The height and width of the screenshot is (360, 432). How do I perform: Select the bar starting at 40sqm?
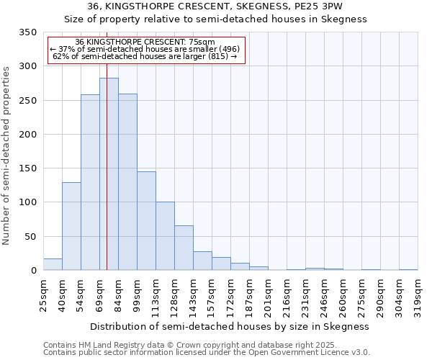click(71, 226)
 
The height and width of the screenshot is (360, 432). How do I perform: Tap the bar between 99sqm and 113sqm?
click(146, 221)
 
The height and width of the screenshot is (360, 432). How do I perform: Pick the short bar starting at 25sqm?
click(53, 264)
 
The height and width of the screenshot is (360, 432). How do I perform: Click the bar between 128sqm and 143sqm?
click(184, 248)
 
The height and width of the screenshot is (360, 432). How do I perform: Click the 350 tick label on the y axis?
click(27, 32)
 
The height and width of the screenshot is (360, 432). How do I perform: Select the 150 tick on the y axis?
click(27, 168)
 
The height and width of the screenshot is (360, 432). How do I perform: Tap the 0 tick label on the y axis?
click(33, 271)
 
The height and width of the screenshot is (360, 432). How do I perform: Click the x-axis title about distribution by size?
click(230, 326)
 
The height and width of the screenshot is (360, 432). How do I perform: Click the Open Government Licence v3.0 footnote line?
click(206, 353)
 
